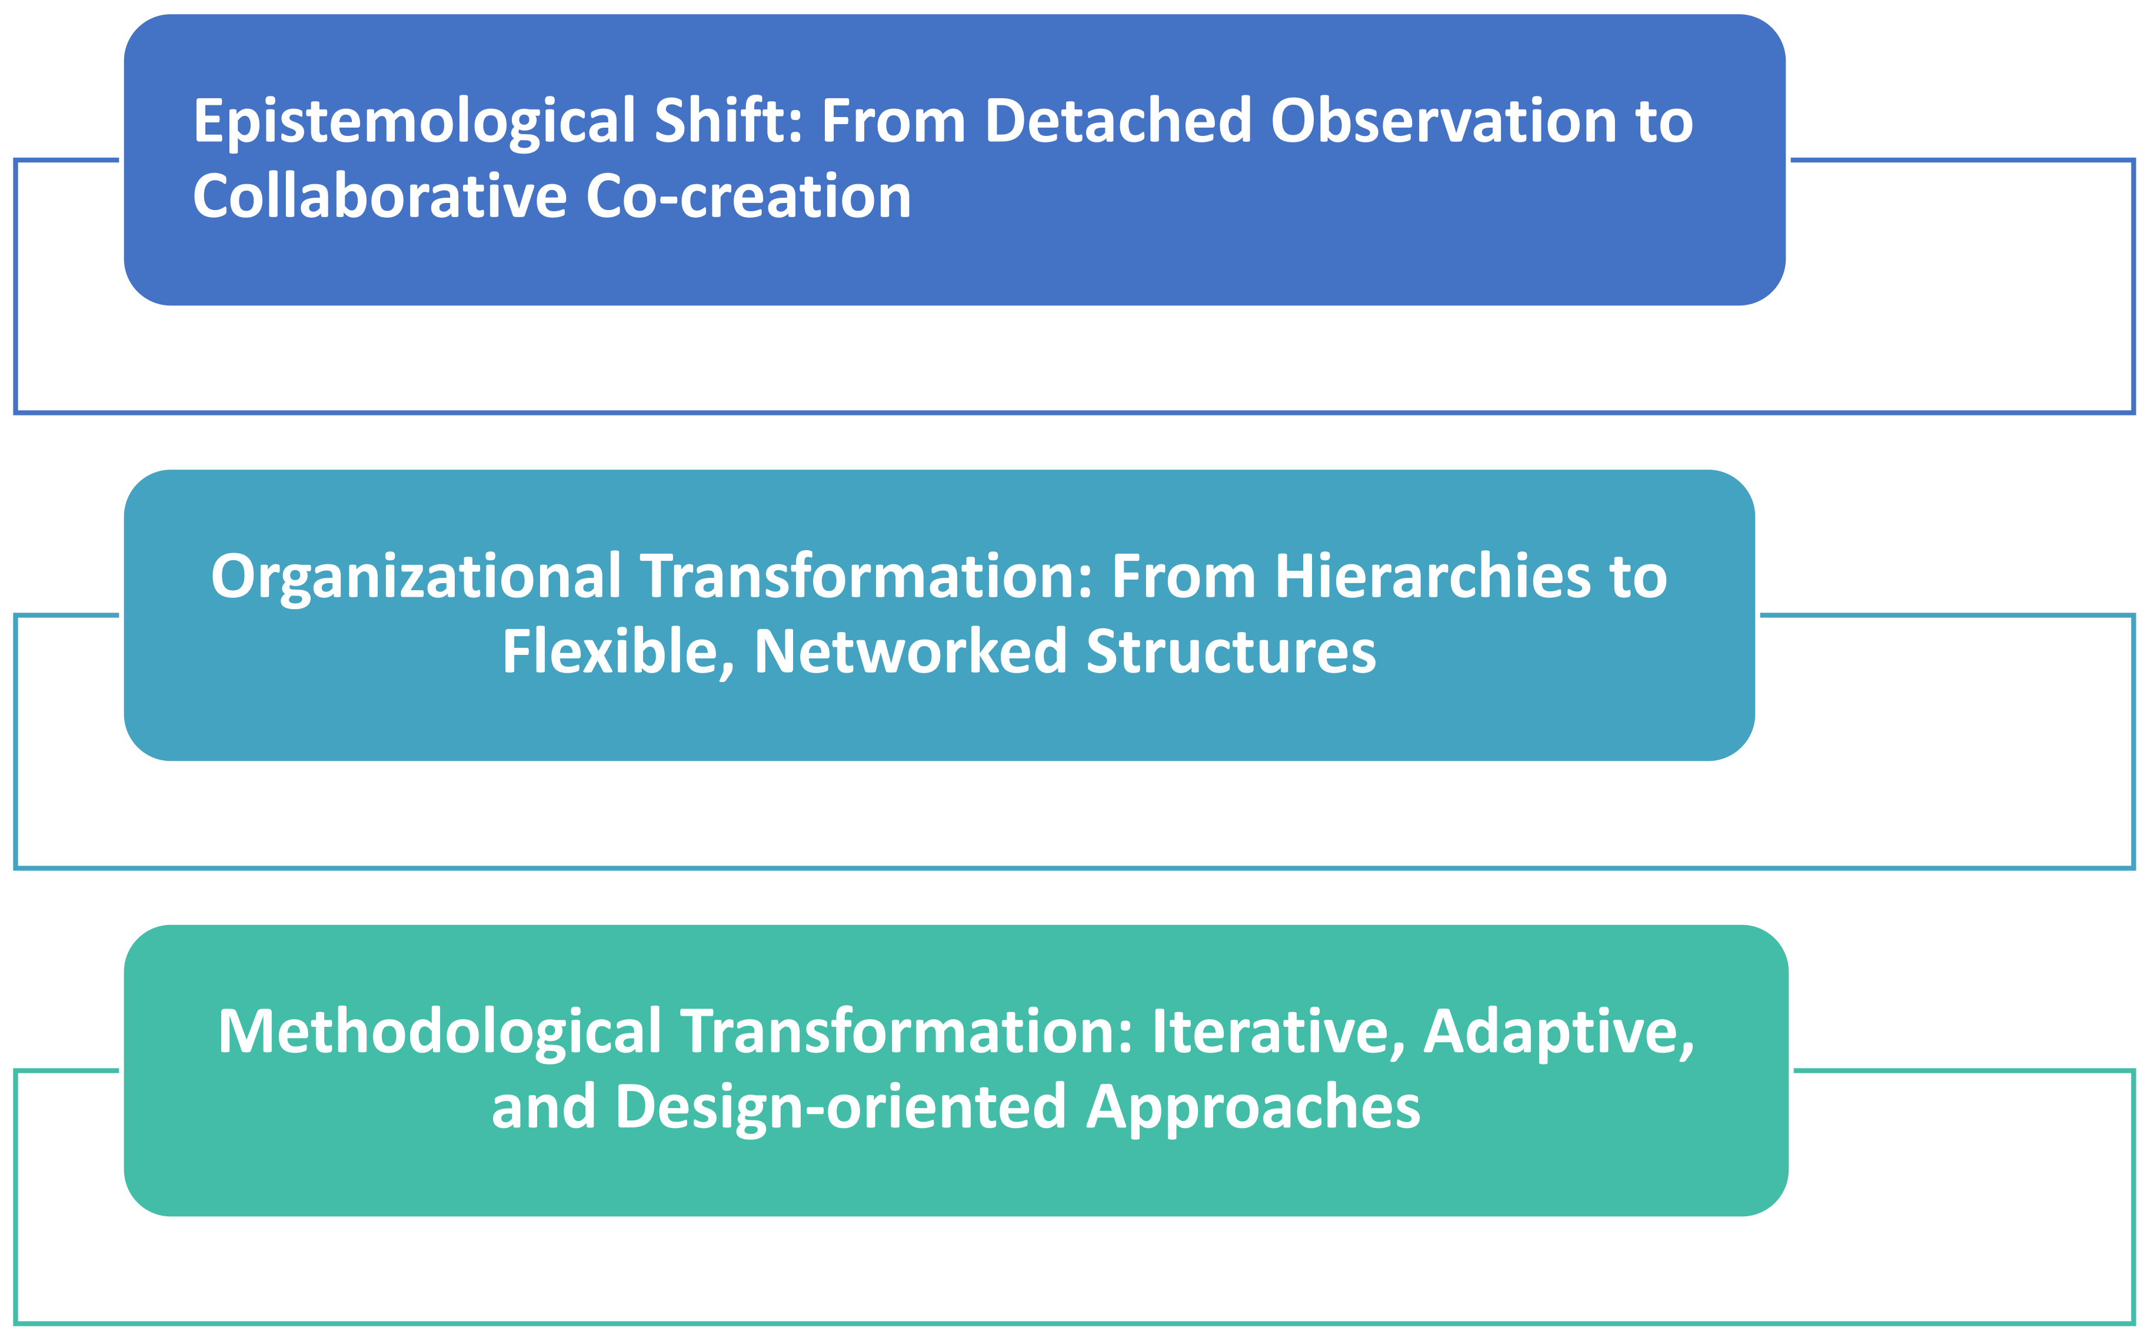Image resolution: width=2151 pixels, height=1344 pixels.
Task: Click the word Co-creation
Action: point(748,197)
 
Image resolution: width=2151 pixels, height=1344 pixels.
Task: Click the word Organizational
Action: point(416,578)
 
